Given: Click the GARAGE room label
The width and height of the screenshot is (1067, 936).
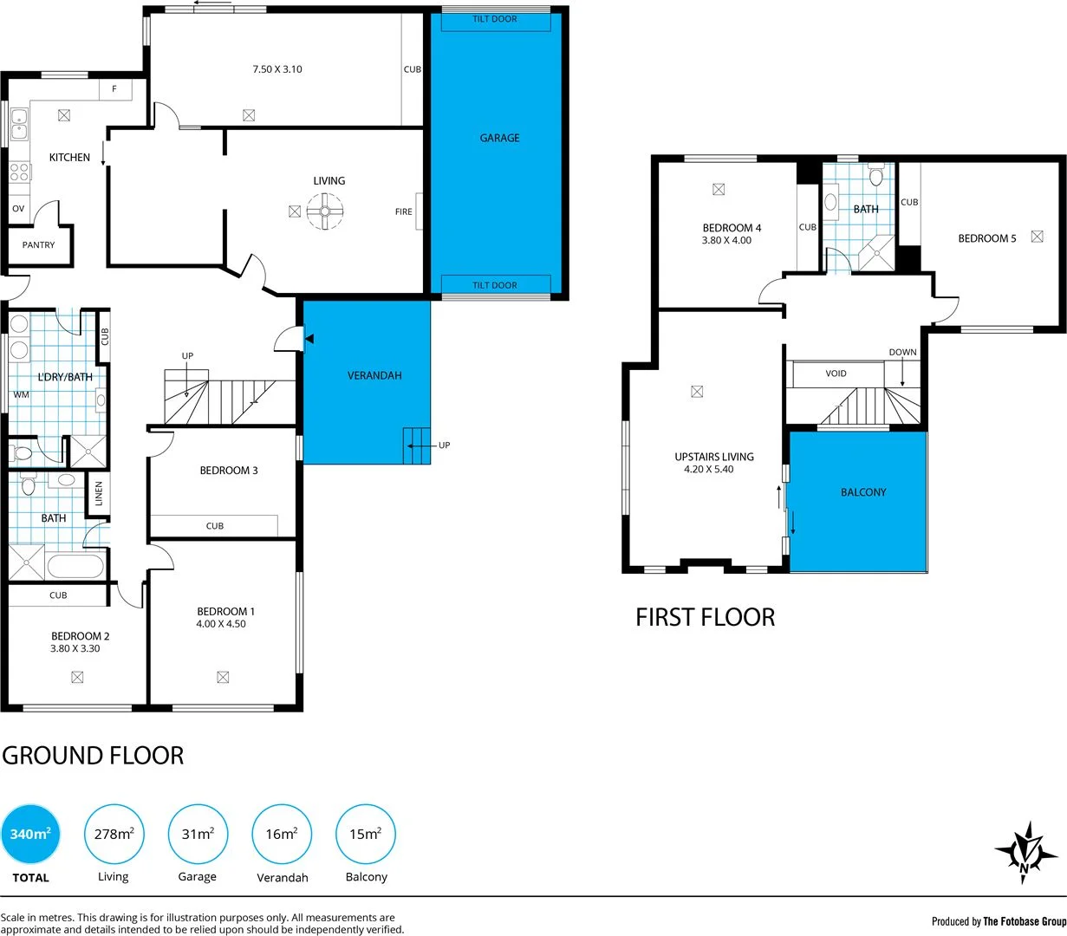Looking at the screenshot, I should pos(499,138).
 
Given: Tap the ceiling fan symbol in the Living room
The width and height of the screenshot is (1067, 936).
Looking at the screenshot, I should pos(326,211).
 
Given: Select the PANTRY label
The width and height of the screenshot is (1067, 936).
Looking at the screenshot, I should pos(38,245).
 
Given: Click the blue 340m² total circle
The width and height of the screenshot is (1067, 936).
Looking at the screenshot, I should pos(30,834).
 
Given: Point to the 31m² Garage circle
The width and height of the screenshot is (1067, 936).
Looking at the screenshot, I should pos(198,834).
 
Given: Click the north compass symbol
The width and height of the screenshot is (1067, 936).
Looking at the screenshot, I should pos(1026,853).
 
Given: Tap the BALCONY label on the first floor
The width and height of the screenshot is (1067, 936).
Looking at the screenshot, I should pos(863,492).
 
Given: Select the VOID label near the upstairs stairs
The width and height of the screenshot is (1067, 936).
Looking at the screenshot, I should pos(836,374).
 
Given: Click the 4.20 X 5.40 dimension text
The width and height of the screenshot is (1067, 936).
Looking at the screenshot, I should pos(708,470).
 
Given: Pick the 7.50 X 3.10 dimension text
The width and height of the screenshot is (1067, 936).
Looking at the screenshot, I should pos(277,69).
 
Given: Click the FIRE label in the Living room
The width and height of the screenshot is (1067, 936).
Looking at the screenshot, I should pos(404,212).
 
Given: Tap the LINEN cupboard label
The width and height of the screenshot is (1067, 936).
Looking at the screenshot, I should pos(99,493).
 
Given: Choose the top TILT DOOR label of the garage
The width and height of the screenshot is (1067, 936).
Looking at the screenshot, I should pos(495,19).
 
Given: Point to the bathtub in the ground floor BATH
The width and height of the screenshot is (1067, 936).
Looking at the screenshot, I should pos(75,567).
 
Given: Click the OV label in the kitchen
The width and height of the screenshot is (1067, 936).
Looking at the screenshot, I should pos(18,209).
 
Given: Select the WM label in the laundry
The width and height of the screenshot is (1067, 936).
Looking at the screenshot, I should pos(21,395).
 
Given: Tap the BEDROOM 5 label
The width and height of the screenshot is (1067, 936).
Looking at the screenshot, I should pos(986,238).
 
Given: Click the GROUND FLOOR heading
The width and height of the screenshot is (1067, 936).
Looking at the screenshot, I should pos(93,756).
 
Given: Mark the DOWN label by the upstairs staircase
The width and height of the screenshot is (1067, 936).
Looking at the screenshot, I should pos(902,353).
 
